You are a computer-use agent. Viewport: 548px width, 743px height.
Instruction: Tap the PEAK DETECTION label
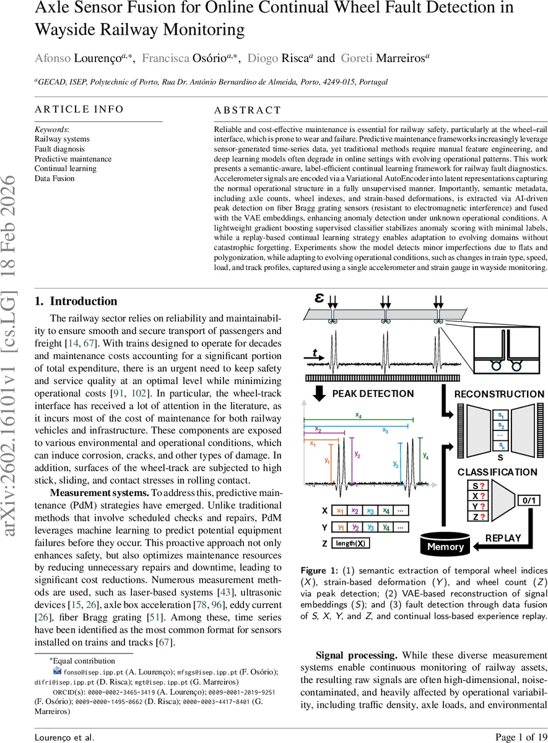point(363,394)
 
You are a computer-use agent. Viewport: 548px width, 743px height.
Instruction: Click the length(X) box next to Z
point(350,544)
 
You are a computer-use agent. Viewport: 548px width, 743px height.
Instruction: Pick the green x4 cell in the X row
point(386,511)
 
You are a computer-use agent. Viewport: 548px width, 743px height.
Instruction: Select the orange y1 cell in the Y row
point(341,527)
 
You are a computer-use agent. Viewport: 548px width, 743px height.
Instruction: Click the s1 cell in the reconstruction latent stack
point(500,414)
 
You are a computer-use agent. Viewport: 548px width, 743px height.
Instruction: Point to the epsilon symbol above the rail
point(320,298)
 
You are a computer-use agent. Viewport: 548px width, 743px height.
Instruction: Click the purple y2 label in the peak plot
point(357,454)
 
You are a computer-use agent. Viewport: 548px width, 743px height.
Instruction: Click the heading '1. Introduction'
point(76,302)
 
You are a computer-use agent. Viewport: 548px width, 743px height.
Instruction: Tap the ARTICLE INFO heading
point(79,110)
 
